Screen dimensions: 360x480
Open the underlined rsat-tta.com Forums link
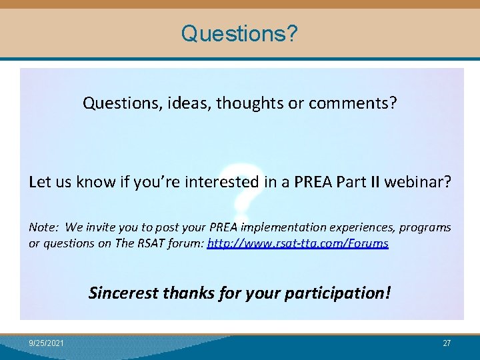point(298,243)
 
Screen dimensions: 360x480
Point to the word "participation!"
point(337,293)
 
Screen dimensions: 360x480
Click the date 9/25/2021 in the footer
point(47,343)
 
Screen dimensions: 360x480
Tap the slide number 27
point(447,343)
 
